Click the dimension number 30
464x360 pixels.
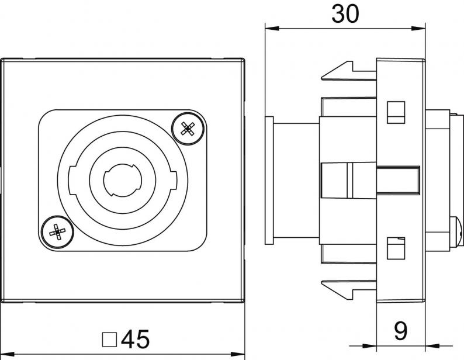[345, 14]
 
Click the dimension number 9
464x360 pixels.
[401, 331]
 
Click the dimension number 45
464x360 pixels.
[135, 339]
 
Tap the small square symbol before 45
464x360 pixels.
[109, 340]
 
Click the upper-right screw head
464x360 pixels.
[188, 129]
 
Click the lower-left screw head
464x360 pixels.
[57, 231]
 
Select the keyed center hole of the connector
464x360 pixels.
[123, 179]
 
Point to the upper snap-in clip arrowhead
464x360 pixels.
[337, 71]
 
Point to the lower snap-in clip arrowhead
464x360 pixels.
[337, 290]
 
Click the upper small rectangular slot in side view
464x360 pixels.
[396, 112]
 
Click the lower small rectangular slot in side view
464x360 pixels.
[396, 248]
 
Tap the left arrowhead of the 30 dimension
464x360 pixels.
[272, 29]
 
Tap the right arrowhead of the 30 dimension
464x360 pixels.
[418, 29]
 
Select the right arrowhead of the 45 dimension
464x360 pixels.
[238, 354]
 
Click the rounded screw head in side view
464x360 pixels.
[456, 232]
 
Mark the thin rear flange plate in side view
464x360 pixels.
[269, 181]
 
